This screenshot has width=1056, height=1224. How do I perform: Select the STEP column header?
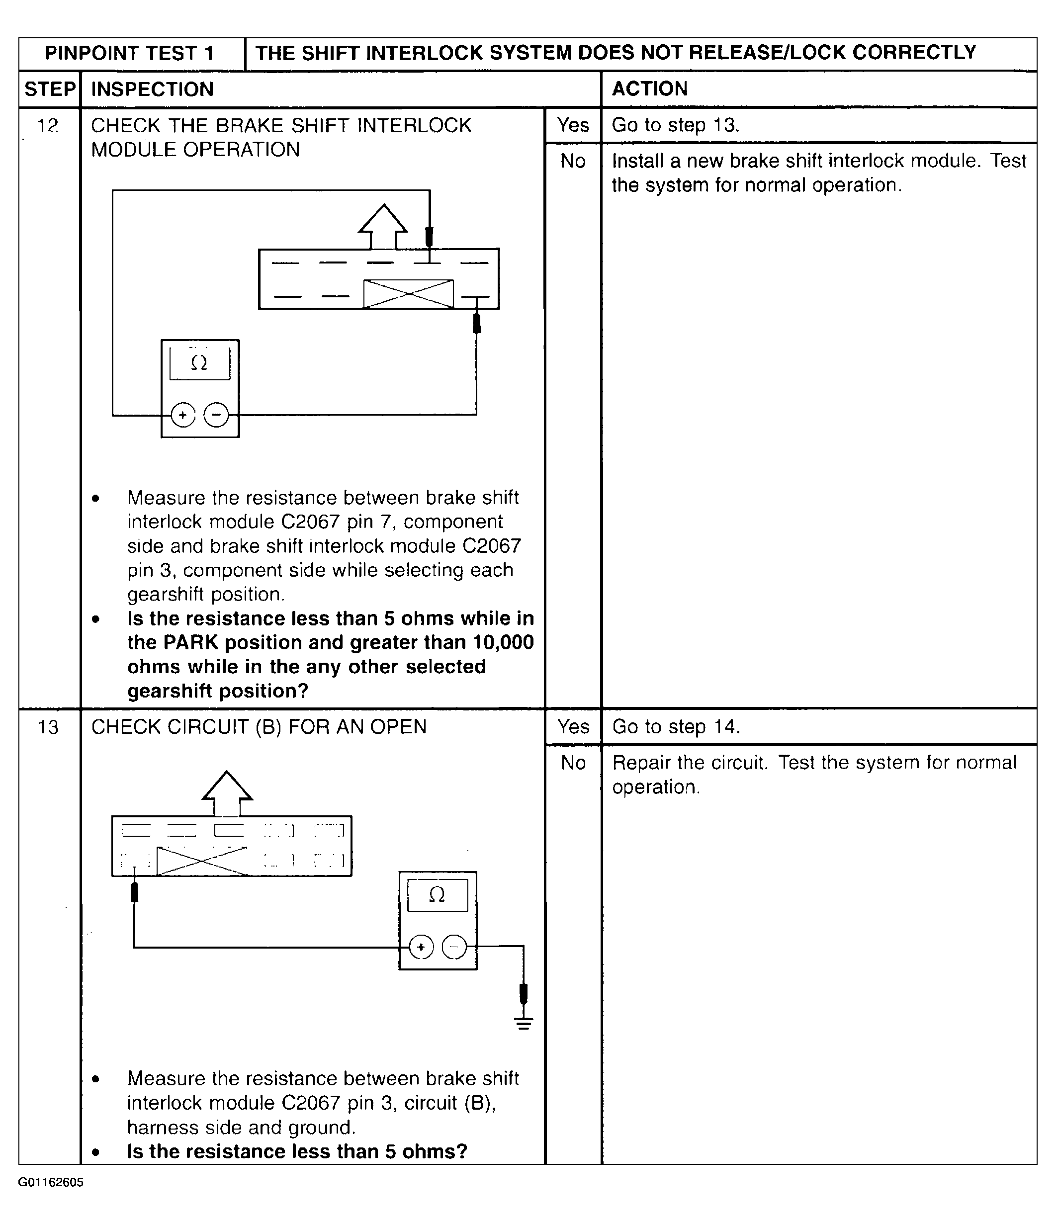tap(50, 89)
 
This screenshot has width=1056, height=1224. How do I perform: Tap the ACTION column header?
tap(650, 88)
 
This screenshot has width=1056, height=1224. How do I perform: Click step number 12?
tap(48, 125)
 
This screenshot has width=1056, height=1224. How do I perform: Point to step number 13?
tap(48, 727)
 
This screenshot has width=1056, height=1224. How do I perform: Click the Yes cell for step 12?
tap(573, 125)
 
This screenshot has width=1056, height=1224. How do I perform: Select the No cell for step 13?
tap(573, 763)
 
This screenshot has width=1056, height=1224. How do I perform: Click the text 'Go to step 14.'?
tap(676, 727)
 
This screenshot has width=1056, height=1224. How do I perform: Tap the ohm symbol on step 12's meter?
tap(200, 363)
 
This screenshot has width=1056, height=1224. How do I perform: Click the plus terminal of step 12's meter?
tap(183, 415)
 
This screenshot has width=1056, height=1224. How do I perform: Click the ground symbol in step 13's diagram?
tap(523, 1023)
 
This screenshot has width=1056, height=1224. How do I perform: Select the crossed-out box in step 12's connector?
tap(408, 294)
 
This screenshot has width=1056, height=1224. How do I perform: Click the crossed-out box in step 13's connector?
tap(202, 861)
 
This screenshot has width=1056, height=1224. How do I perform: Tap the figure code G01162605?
tap(51, 1182)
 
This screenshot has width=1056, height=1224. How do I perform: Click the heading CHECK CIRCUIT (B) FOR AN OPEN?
tap(259, 727)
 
